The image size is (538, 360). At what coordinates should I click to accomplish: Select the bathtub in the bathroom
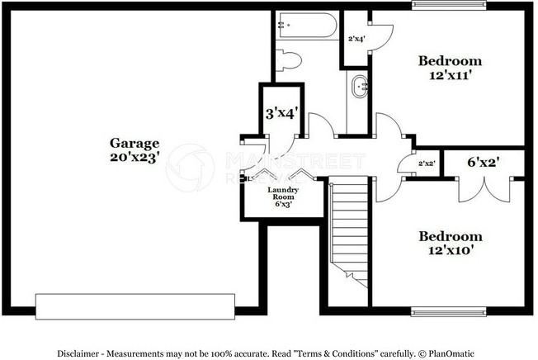click(x=306, y=26)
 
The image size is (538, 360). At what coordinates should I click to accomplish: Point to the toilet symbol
click(x=290, y=60)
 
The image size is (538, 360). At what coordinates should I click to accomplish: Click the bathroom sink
click(x=361, y=86)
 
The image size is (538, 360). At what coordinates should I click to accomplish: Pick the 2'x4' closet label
click(x=356, y=39)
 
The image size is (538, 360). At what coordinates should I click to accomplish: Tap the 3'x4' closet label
click(x=281, y=113)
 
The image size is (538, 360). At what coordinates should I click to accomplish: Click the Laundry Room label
click(x=283, y=194)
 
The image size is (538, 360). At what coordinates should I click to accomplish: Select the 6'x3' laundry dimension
click(x=283, y=206)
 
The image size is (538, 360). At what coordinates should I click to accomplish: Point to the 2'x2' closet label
click(x=427, y=164)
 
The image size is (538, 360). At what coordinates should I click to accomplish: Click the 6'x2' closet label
click(x=483, y=162)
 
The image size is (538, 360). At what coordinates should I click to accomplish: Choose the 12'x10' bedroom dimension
click(x=449, y=249)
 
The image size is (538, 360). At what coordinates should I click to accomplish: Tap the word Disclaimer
click(x=82, y=353)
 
